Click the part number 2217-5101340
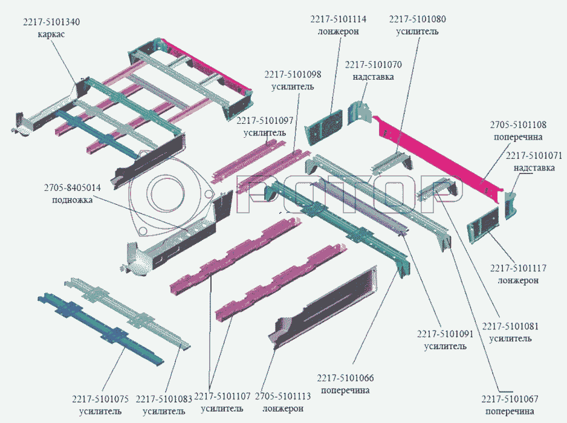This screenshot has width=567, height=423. tap(51, 22)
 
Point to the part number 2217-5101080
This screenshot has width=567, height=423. tap(417, 19)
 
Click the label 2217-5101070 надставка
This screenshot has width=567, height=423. tap(373, 70)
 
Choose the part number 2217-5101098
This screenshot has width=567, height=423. tap(292, 74)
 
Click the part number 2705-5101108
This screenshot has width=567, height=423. tap(518, 125)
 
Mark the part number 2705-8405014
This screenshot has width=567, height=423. tap(73, 188)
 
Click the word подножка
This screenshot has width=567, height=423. tap(72, 200)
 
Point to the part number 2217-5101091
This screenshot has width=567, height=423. tap(445, 334)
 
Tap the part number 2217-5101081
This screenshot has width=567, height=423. tap(511, 326)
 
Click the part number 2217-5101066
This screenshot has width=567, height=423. tap(345, 378)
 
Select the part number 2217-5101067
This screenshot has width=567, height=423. tap(510, 399)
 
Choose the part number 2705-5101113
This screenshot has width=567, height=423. tap(282, 397)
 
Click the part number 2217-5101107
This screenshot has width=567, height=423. tap(222, 397)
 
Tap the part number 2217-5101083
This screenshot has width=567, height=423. tap(164, 399)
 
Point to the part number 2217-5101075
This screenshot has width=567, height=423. tap(100, 399)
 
